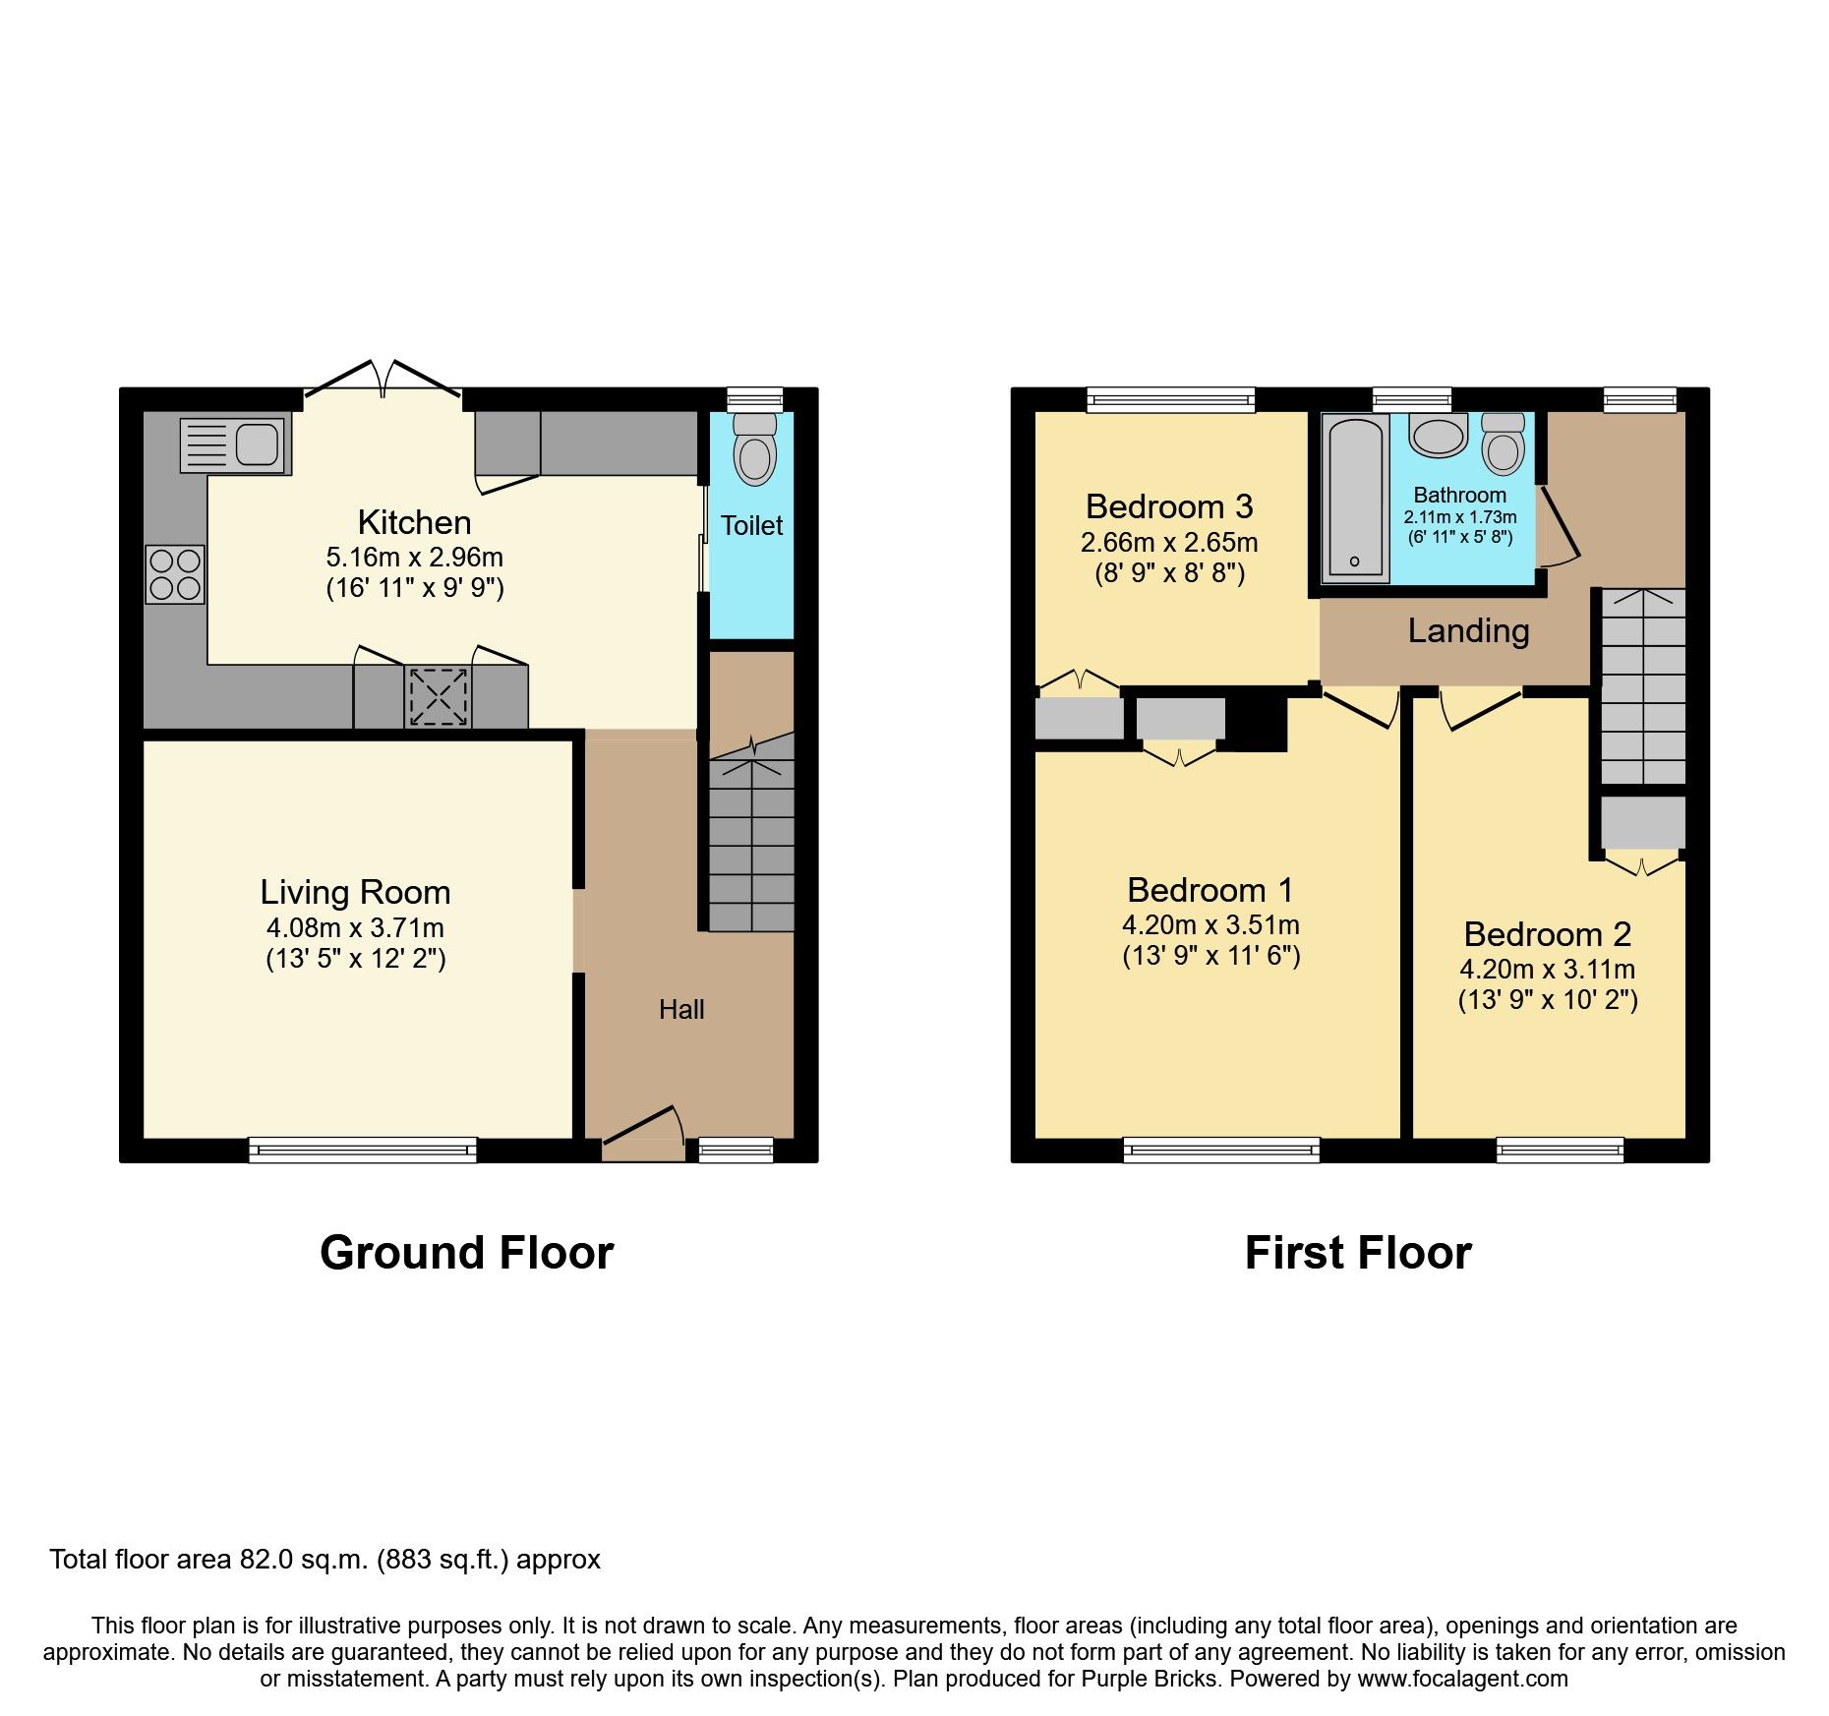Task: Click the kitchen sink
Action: pyautogui.click(x=236, y=444)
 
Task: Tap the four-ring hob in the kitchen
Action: pyautogui.click(x=175, y=574)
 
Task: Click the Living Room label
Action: pyautogui.click(x=355, y=892)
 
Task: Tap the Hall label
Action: pyautogui.click(x=681, y=1010)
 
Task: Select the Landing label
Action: pyautogui.click(x=1468, y=630)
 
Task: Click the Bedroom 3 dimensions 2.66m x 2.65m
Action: pyautogui.click(x=1169, y=542)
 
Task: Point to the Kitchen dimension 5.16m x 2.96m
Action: pyautogui.click(x=414, y=557)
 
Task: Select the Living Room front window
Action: pyautogui.click(x=362, y=1150)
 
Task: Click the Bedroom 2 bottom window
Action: pyautogui.click(x=1560, y=1150)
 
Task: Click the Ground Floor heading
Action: pyautogui.click(x=466, y=1253)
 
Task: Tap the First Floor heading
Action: pyautogui.click(x=1358, y=1253)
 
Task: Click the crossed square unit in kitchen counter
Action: pyautogui.click(x=438, y=696)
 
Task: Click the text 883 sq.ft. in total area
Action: pyautogui.click(x=442, y=1560)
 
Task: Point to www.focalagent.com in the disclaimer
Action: pyautogui.click(x=1462, y=1679)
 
